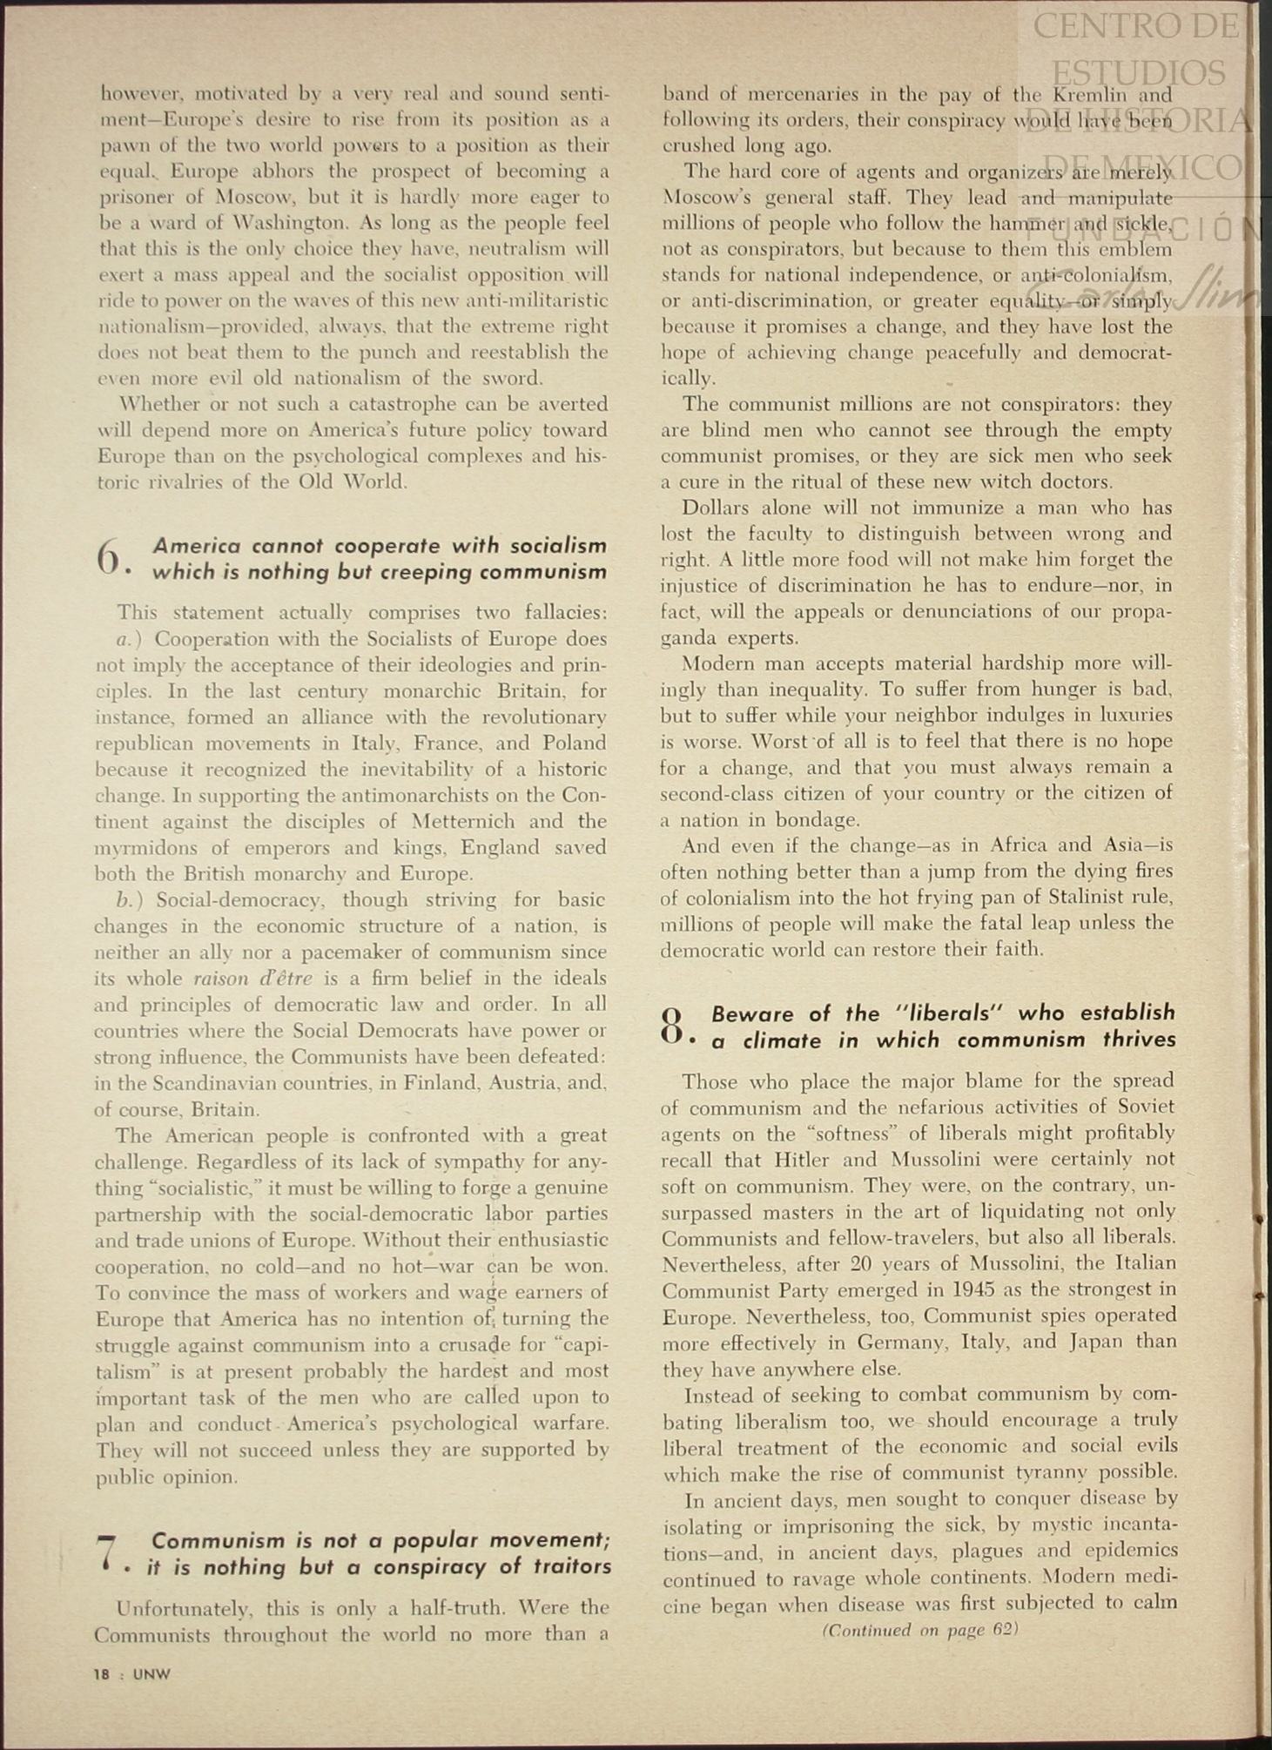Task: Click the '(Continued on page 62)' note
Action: (919, 1630)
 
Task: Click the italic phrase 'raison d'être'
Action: (252, 978)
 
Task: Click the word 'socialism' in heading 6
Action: (558, 546)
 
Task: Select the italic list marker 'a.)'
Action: (131, 639)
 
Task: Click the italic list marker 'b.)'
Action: (131, 899)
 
